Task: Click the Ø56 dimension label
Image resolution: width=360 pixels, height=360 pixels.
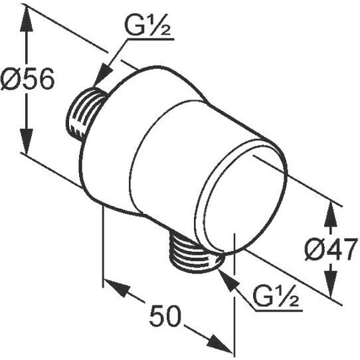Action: [x=27, y=79]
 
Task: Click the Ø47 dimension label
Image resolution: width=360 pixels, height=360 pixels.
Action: [x=331, y=249]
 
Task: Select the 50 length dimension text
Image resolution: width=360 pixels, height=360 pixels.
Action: [x=165, y=315]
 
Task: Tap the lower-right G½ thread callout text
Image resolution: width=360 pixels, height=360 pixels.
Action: [x=276, y=296]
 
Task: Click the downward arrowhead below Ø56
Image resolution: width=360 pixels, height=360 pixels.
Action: [x=27, y=141]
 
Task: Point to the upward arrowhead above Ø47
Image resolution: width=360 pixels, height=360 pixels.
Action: [x=331, y=215]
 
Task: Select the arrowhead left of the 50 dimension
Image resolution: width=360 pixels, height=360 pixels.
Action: [x=116, y=286]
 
